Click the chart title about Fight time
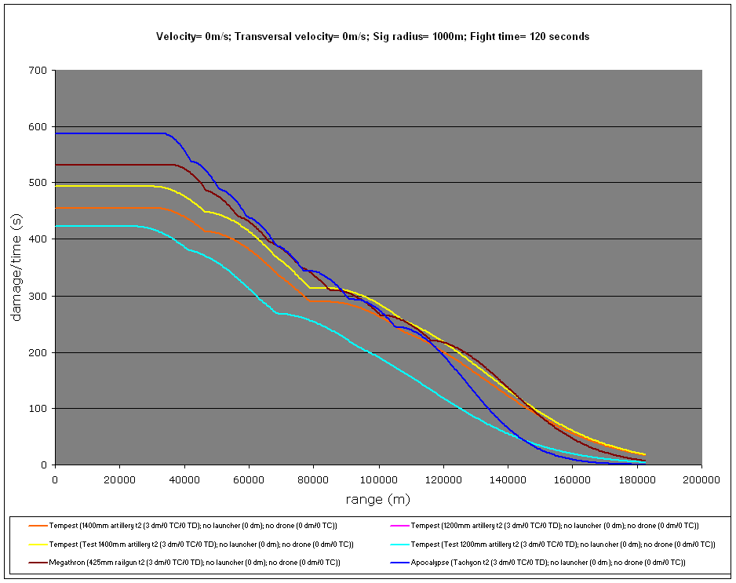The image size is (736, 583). click(373, 36)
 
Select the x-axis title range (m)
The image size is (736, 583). click(378, 499)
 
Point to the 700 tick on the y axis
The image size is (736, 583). click(38, 71)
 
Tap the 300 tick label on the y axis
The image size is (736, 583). click(38, 296)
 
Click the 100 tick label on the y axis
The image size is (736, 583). click(38, 409)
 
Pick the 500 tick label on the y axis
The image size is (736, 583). click(38, 183)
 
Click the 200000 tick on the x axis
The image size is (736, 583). click(701, 479)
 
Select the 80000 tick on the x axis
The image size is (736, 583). click(314, 479)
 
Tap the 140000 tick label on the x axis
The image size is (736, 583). click(508, 479)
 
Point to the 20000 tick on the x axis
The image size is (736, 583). click(120, 479)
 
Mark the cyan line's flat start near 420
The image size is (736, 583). click(94, 226)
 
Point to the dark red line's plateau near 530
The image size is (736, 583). click(110, 165)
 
